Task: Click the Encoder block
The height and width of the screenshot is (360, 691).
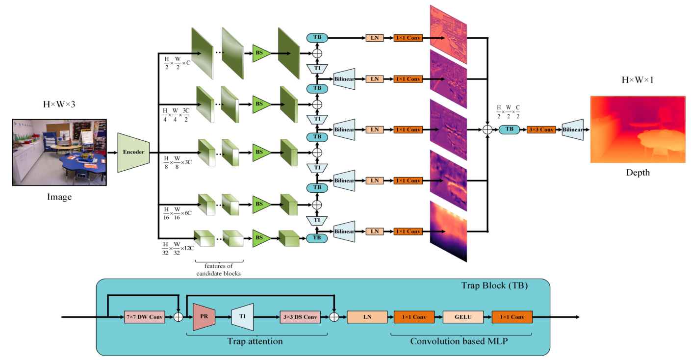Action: tap(133, 152)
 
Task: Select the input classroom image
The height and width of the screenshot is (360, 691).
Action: tap(59, 153)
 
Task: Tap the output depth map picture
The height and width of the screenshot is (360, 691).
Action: tap(638, 130)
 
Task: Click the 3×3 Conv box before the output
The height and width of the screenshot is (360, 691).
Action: tap(540, 130)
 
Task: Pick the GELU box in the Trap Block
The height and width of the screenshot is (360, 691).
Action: tap(463, 317)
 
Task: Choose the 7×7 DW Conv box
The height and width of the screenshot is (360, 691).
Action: tap(144, 317)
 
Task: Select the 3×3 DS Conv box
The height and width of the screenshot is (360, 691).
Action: tap(300, 317)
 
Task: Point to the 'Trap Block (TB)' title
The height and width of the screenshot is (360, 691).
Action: tap(494, 285)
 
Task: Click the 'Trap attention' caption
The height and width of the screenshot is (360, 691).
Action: tap(255, 341)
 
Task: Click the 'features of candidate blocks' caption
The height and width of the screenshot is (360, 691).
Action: tap(219, 269)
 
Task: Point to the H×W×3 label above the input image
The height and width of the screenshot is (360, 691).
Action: tap(59, 104)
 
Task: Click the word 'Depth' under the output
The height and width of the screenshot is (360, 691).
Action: tap(638, 172)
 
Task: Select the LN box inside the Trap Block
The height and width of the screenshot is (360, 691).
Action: tap(367, 317)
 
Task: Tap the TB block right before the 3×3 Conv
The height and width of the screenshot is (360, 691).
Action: tap(509, 130)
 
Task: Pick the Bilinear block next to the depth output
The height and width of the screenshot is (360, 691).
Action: tap(573, 130)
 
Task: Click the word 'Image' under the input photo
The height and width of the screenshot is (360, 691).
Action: tap(59, 197)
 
